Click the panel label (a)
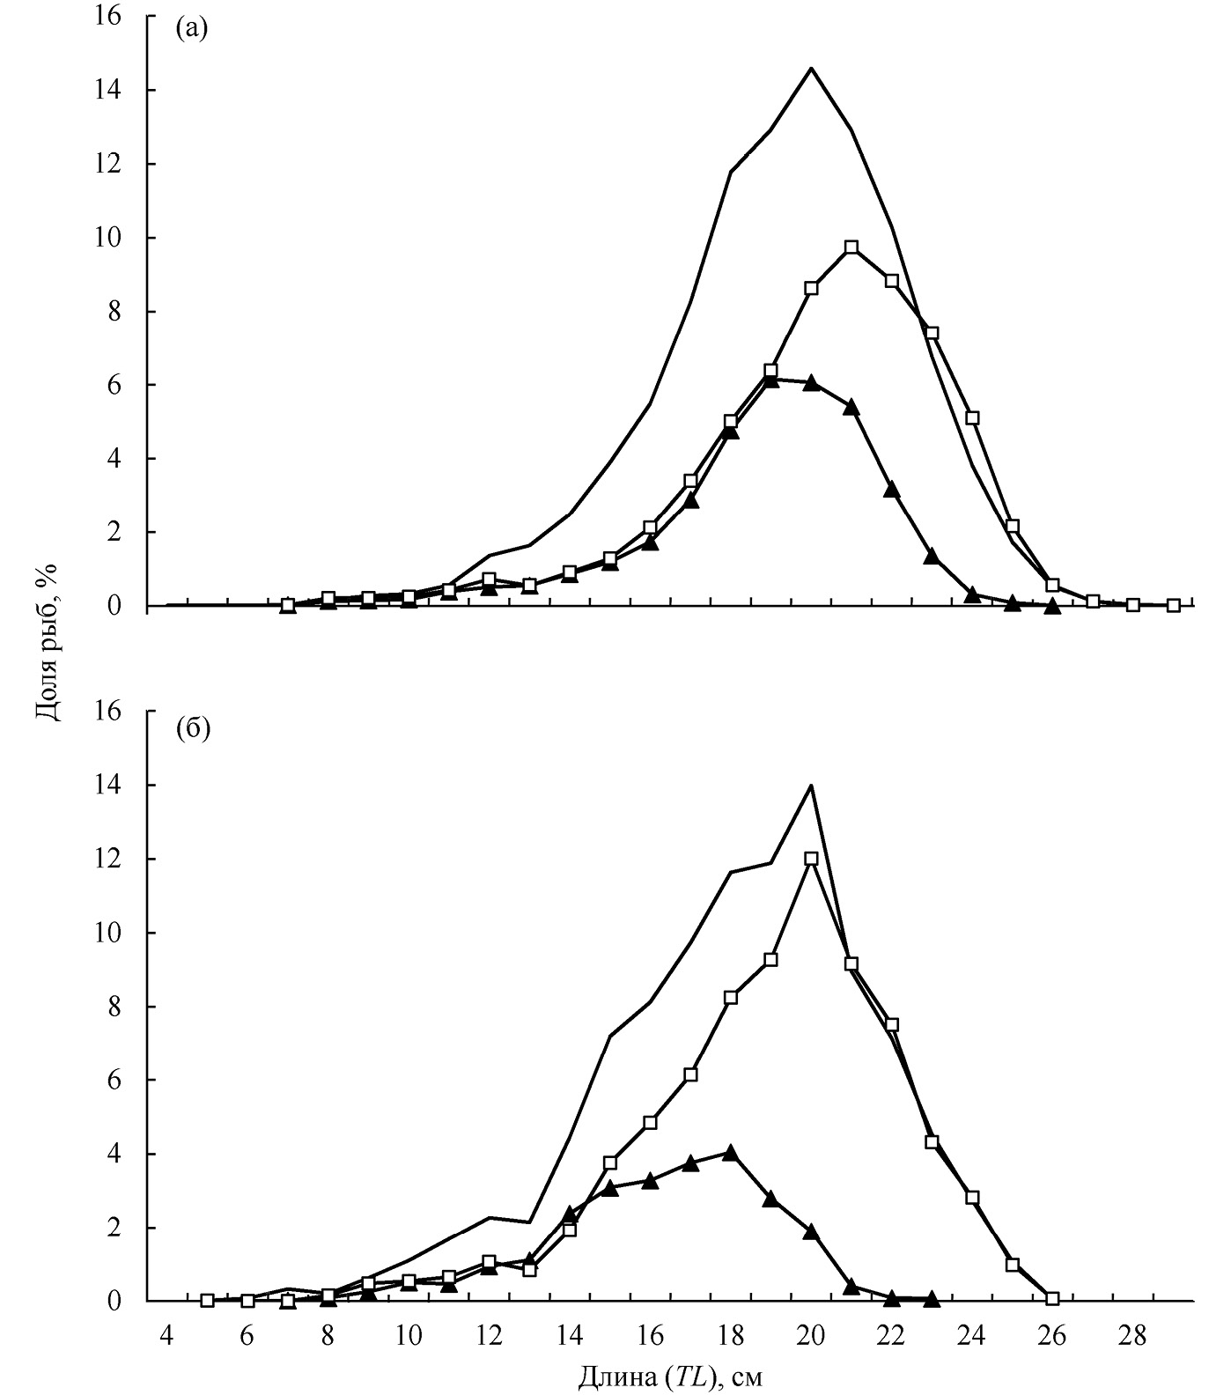pos(191,28)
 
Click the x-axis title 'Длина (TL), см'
pos(670,1375)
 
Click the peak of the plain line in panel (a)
pos(811,68)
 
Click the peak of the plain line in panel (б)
pos(811,785)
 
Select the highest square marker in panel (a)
pos(851,247)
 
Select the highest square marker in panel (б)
pos(811,859)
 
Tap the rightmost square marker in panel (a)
pos(1173,605)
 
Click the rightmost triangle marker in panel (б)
pos(932,1298)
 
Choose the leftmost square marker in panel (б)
pos(207,1300)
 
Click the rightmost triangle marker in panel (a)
pos(1052,606)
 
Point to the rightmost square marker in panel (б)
pos(1052,1298)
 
